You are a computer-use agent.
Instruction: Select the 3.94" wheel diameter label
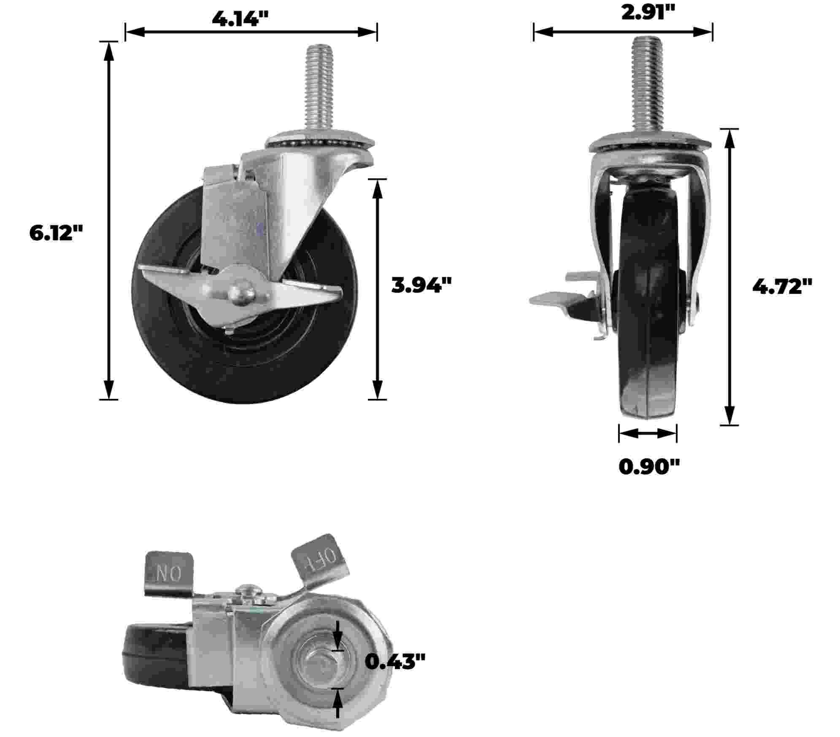click(x=421, y=285)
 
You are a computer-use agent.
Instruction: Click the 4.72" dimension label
click(x=783, y=287)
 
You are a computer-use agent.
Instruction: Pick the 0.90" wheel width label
click(x=649, y=467)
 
